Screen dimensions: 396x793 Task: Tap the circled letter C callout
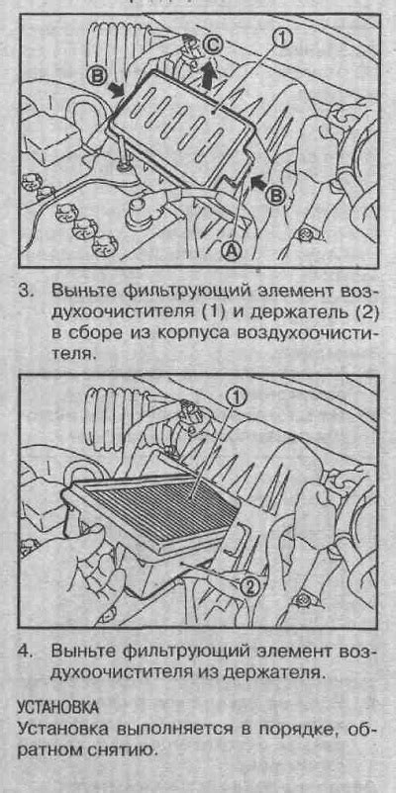pos(212,45)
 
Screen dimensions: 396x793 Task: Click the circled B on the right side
pos(276,196)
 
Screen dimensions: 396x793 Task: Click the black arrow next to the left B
pos(116,90)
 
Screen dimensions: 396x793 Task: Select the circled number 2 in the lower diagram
pos(248,586)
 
